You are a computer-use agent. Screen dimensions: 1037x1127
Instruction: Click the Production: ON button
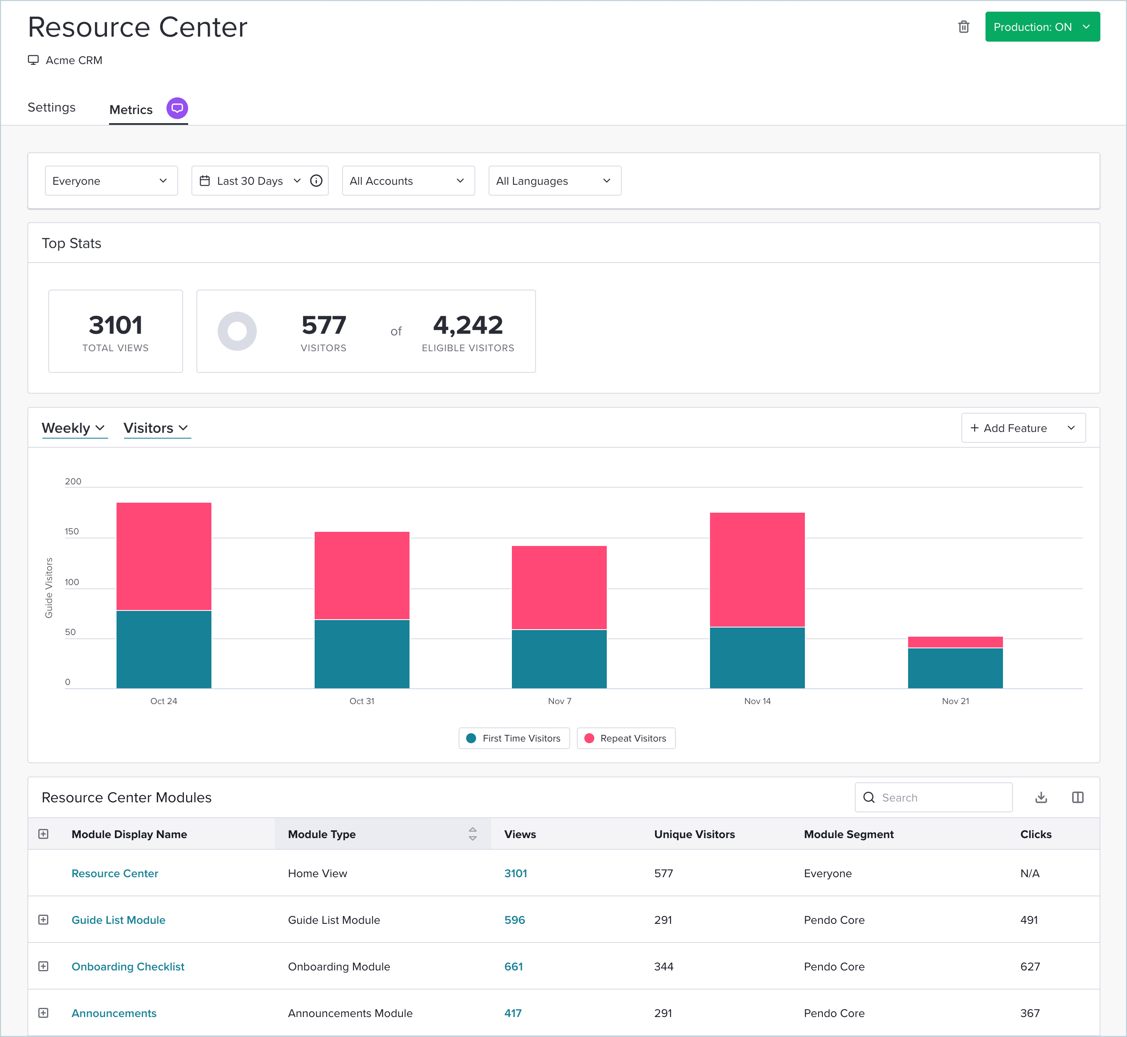coord(1042,27)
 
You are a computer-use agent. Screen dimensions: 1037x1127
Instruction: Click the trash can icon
coord(963,27)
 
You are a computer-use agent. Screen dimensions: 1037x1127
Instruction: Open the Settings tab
coord(52,107)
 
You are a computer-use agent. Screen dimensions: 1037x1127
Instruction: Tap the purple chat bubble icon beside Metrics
coord(177,108)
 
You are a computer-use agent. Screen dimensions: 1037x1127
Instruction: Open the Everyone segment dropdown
coord(111,181)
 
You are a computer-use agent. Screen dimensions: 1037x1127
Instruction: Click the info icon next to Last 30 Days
coord(316,181)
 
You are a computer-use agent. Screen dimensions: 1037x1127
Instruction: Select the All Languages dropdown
coord(554,181)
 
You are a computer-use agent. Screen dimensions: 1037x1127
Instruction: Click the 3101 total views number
coord(116,325)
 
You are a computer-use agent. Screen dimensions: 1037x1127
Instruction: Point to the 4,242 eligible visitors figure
coord(467,325)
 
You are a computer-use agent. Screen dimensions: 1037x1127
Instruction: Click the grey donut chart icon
coord(237,331)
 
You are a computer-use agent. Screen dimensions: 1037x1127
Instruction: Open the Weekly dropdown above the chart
coord(74,428)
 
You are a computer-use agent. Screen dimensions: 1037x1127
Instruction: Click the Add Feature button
coord(1023,428)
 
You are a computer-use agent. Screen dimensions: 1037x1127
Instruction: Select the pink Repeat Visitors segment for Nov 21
coord(955,642)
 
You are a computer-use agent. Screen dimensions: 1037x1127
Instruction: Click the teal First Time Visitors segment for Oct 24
coord(163,649)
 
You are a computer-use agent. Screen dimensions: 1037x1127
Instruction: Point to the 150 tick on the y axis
coord(72,531)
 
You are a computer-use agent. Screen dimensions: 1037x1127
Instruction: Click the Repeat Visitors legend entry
coord(626,739)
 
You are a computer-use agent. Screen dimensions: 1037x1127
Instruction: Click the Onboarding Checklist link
coord(128,966)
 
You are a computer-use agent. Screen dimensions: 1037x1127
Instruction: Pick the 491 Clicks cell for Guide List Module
coord(1029,920)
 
